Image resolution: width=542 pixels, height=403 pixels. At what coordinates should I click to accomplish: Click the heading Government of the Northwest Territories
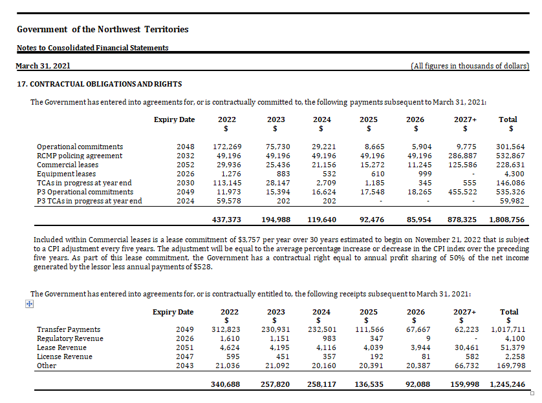pyautogui.click(x=103, y=29)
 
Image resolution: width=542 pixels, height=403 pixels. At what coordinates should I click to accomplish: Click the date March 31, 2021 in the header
pyautogui.click(x=43, y=66)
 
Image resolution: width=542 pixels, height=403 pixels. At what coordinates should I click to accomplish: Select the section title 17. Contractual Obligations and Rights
pyautogui.click(x=99, y=84)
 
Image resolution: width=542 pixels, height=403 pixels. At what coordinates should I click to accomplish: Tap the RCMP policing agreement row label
pyautogui.click(x=80, y=156)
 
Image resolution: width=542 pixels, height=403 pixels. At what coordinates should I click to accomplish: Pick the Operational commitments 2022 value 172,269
pyautogui.click(x=227, y=147)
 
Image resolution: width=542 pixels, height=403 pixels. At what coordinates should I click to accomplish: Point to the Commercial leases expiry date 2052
pyautogui.click(x=185, y=165)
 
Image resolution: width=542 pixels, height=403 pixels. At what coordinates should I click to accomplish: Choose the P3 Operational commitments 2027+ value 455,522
pyautogui.click(x=463, y=192)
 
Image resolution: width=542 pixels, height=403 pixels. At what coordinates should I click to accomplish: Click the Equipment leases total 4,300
pyautogui.click(x=514, y=174)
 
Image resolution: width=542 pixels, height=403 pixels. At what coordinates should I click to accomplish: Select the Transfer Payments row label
pyautogui.click(x=69, y=329)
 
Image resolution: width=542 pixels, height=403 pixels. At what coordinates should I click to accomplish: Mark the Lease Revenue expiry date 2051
pyautogui.click(x=184, y=347)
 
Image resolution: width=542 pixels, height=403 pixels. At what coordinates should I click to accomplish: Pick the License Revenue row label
pyautogui.click(x=65, y=356)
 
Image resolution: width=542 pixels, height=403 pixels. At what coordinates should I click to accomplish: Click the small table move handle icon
pyautogui.click(x=28, y=304)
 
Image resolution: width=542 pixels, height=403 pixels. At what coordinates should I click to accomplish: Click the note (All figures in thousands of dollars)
pyautogui.click(x=470, y=66)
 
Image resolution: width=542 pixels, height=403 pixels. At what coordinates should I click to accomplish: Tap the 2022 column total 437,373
pyautogui.click(x=227, y=220)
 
